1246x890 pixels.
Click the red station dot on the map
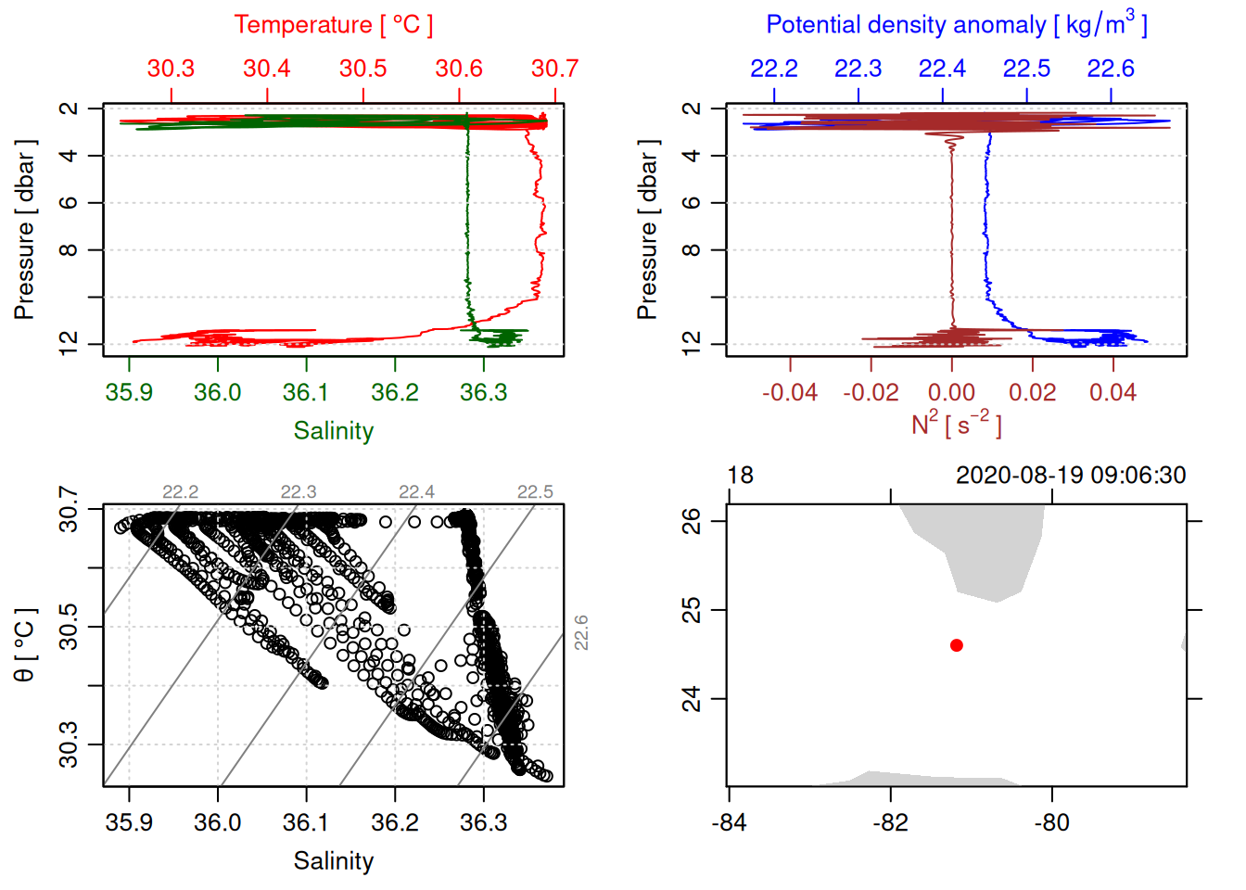pos(957,645)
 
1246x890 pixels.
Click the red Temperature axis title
pos(334,25)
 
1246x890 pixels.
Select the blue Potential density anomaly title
pos(956,24)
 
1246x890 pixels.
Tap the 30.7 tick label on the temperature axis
pos(554,69)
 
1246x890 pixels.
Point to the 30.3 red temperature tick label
pos(171,69)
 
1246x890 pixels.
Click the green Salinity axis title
pos(334,431)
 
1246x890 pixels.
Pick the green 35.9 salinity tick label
pos(129,392)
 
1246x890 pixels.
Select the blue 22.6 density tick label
pos(1111,69)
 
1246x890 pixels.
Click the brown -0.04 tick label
pos(790,393)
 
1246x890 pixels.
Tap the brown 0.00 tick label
pos(951,393)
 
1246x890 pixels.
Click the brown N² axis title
pos(956,424)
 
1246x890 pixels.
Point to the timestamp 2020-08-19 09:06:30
pos(1071,476)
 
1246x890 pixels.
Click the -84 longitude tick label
pos(729,822)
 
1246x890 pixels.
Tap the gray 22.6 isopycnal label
pos(581,632)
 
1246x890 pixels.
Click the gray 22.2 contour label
pos(180,492)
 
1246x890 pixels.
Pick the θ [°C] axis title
pos(25,645)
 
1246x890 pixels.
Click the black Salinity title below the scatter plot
pos(334,861)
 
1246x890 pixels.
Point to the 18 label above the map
pos(740,476)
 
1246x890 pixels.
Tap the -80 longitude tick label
pos(1051,822)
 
